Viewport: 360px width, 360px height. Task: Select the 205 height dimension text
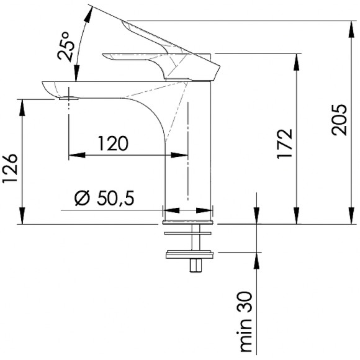pos(339,120)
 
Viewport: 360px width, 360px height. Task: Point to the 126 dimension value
pos(10,168)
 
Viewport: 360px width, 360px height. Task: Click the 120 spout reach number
pos(113,143)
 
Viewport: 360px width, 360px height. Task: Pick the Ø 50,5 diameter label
pos(104,197)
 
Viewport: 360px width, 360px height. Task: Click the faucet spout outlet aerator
pos(69,99)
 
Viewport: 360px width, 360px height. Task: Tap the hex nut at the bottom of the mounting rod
pos(196,266)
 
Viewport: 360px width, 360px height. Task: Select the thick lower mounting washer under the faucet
pos(189,254)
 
